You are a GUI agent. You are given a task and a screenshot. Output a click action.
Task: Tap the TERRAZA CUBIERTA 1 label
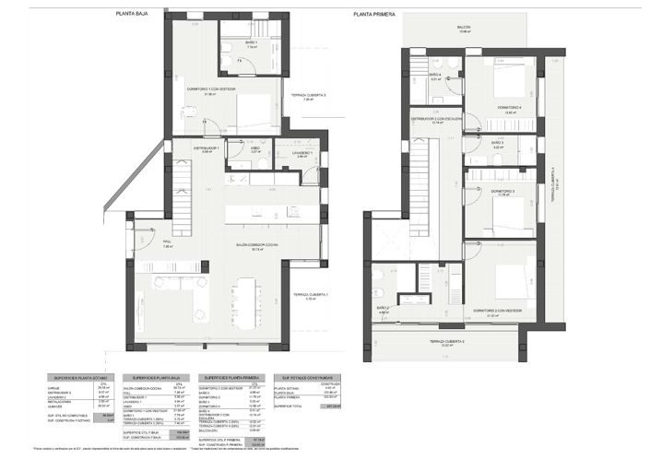312,295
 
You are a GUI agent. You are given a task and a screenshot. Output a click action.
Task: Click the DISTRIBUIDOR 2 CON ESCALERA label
434,119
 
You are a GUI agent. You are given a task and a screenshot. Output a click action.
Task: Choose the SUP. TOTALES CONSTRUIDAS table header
304,378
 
